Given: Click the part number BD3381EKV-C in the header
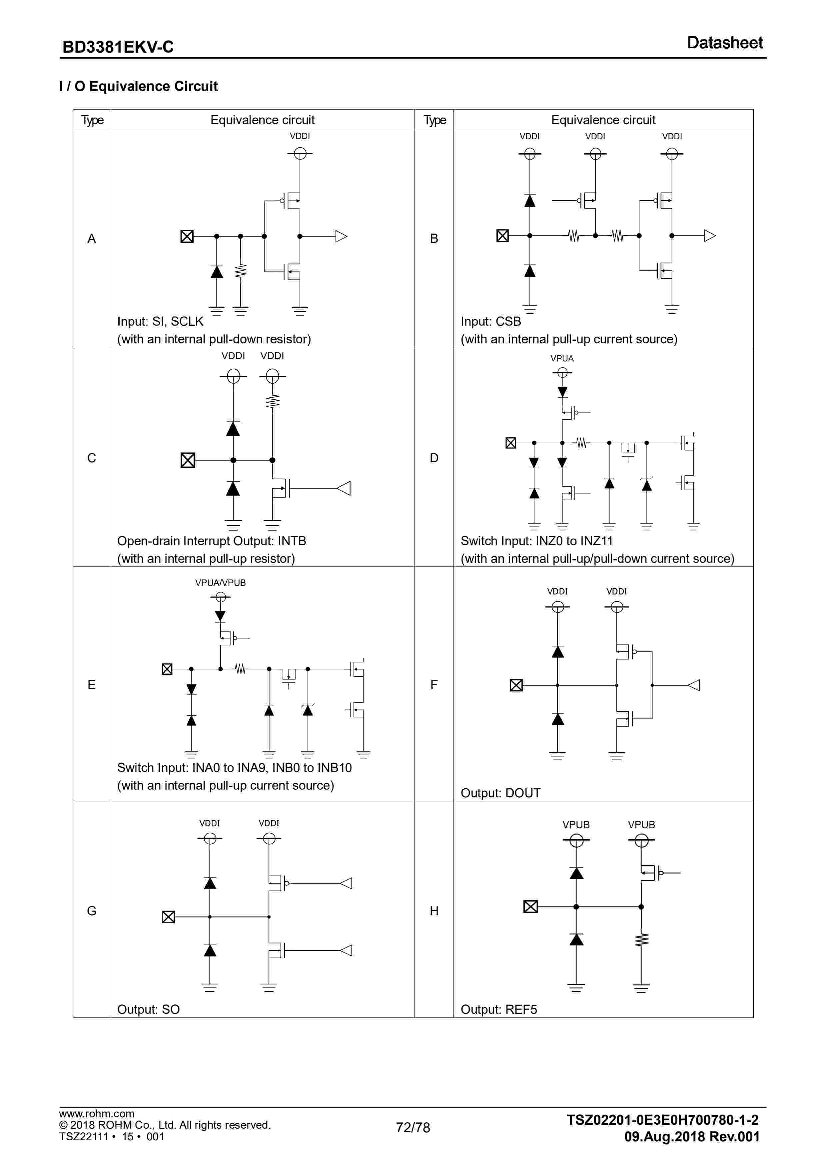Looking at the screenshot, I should (118, 47).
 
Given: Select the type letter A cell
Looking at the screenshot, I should (92, 238).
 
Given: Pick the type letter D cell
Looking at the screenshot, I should (434, 458).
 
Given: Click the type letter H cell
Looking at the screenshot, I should (434, 911).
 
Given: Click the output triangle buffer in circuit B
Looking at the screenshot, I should (709, 236).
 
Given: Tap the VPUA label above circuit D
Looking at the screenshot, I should (562, 358).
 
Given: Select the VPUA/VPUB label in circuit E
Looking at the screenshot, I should (220, 583).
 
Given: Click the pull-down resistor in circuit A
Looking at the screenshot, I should (241, 271).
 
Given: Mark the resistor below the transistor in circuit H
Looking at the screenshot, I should (641, 939).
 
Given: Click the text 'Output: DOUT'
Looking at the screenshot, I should (500, 793).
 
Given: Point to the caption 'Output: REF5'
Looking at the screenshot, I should (498, 1009).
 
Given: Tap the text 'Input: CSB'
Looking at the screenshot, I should (491, 322).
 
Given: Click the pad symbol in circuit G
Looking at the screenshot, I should (168, 917).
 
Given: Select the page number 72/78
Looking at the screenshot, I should (413, 1128).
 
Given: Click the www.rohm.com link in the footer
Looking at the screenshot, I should (97, 1114).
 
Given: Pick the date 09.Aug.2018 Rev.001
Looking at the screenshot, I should (692, 1136).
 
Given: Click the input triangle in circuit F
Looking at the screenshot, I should (694, 685).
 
